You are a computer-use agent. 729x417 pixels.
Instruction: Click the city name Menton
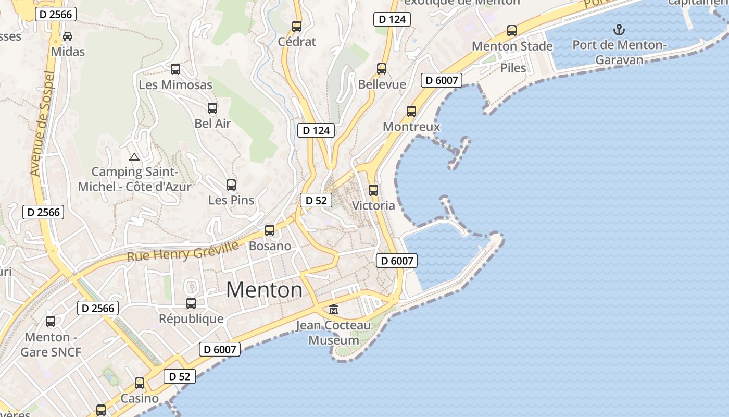pyautogui.click(x=264, y=290)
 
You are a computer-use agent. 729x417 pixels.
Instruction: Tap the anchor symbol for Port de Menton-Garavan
pyautogui.click(x=619, y=30)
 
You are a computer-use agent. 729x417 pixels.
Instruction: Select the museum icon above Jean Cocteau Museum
pyautogui.click(x=334, y=310)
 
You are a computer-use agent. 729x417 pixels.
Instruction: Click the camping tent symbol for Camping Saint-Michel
pyautogui.click(x=134, y=157)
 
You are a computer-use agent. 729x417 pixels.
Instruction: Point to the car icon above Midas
pyautogui.click(x=68, y=36)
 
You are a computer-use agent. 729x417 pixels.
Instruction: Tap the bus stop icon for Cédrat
pyautogui.click(x=297, y=27)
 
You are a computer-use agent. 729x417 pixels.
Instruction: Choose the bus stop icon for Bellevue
pyautogui.click(x=382, y=69)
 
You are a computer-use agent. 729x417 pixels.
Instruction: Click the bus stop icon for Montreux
pyautogui.click(x=411, y=112)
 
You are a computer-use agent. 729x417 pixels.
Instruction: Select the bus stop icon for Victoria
pyautogui.click(x=373, y=190)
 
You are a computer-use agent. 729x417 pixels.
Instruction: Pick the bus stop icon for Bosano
pyautogui.click(x=270, y=230)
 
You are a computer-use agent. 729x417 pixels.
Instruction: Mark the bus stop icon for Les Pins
pyautogui.click(x=231, y=185)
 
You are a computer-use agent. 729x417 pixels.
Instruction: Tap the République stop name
pyautogui.click(x=191, y=318)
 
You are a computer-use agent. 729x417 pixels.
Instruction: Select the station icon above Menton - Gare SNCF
pyautogui.click(x=51, y=322)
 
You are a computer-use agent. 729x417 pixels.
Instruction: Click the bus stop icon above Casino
pyautogui.click(x=140, y=383)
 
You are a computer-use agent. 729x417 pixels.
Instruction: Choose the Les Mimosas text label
pyautogui.click(x=175, y=84)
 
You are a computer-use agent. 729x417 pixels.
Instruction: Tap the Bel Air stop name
pyautogui.click(x=212, y=124)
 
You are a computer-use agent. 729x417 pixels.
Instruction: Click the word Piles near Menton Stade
pyautogui.click(x=513, y=68)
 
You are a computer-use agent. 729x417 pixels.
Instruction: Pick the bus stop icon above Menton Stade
pyautogui.click(x=512, y=31)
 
